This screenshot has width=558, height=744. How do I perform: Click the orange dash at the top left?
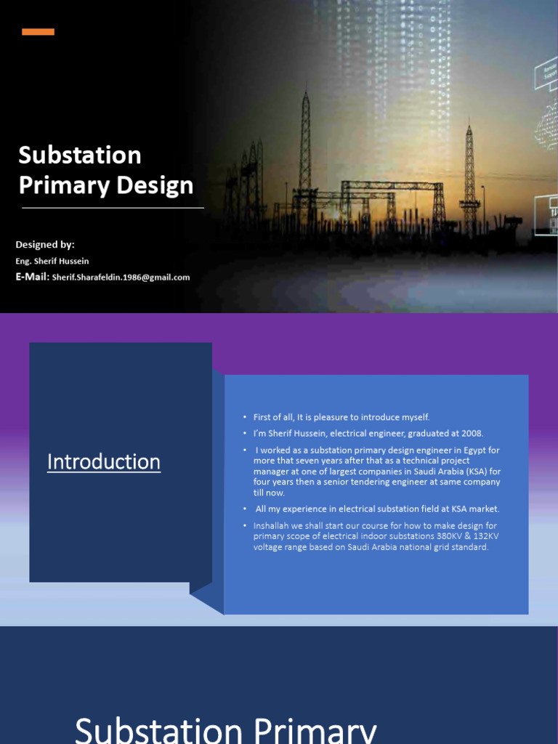coord(38,32)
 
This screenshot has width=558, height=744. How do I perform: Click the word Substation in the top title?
coord(80,155)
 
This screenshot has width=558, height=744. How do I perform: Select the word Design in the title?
coord(157,185)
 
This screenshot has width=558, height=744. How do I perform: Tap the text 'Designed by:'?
coord(45,244)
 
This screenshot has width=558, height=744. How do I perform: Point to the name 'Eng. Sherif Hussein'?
coord(52,261)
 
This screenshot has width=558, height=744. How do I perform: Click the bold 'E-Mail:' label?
coord(32,276)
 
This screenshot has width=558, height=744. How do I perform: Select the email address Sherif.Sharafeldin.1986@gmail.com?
coord(121,277)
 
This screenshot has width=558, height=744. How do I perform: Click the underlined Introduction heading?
coord(104,462)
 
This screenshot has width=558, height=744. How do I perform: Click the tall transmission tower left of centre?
coord(304,145)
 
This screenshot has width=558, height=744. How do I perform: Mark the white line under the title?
coord(113,208)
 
